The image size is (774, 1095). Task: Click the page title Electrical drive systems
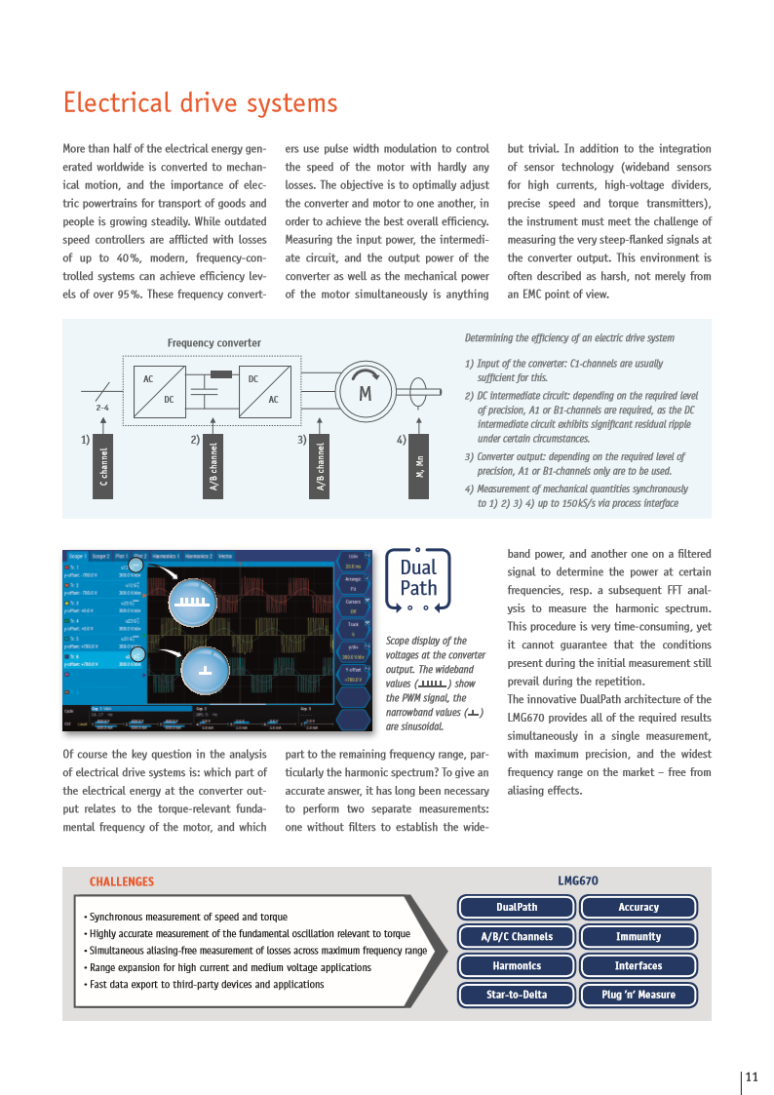[x=200, y=103]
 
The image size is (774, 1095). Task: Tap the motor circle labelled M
[x=366, y=394]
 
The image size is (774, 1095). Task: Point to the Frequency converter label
[x=213, y=343]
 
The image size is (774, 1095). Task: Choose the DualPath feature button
[x=517, y=907]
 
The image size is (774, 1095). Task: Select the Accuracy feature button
[x=639, y=907]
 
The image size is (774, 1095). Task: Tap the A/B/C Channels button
[x=517, y=936]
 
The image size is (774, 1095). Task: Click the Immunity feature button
[x=639, y=936]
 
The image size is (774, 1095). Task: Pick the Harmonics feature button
[x=517, y=965]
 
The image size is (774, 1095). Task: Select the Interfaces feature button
[x=639, y=965]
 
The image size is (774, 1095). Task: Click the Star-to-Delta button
[x=517, y=995]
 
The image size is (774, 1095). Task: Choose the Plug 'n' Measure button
[x=639, y=995]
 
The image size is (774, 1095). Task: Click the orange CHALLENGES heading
[x=122, y=881]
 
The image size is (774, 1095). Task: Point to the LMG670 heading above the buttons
[x=578, y=880]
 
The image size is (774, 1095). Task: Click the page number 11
[x=752, y=1077]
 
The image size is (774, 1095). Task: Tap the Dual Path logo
[x=418, y=579]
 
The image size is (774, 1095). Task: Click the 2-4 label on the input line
[x=102, y=407]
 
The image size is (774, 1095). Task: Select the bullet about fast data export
[x=205, y=985]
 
